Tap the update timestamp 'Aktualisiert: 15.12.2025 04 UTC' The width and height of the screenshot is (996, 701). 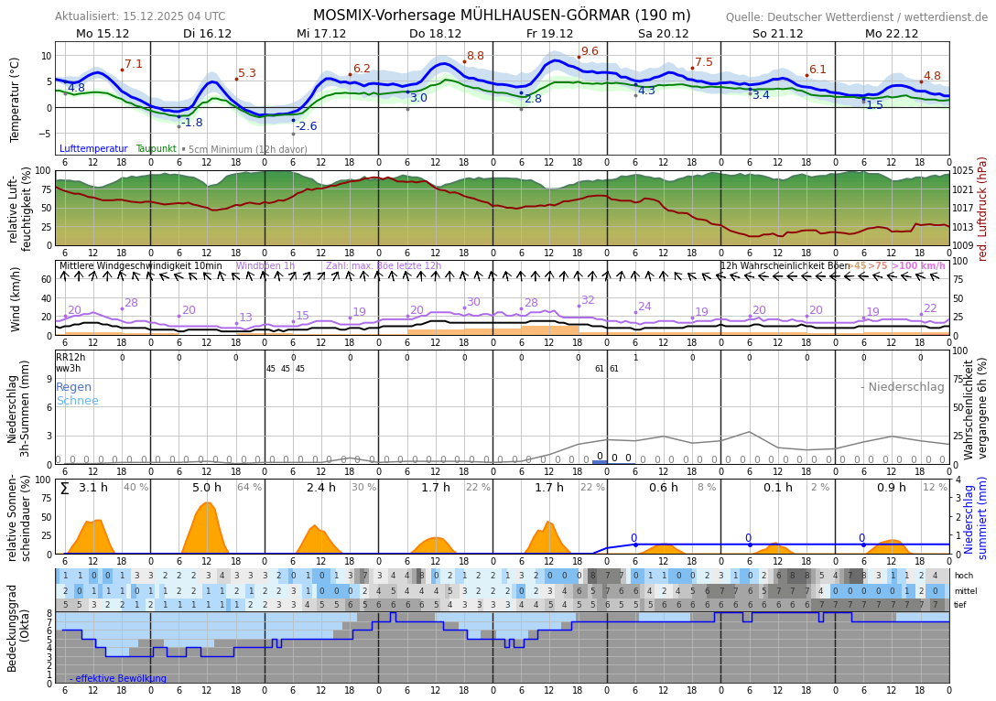pos(140,16)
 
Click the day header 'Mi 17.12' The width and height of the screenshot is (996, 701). pos(321,34)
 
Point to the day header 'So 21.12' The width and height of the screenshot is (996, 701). pos(777,34)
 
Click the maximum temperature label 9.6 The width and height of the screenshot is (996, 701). pos(590,52)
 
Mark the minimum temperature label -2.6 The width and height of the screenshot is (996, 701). pos(306,126)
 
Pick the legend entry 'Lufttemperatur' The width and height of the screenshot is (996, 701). pos(93,149)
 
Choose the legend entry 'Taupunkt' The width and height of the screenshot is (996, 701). pos(156,149)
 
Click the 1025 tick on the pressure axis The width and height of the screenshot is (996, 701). pos(963,171)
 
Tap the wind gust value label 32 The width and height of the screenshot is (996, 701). pos(587,300)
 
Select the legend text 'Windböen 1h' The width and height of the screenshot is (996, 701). pos(265,266)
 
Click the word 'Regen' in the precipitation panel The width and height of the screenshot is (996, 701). pos(73,387)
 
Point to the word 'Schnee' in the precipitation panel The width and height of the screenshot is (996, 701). pos(77,401)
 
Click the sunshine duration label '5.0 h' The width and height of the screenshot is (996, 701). pos(206,488)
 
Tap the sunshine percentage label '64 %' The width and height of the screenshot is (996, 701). pos(249,488)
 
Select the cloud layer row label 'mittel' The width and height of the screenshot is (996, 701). pos(964,591)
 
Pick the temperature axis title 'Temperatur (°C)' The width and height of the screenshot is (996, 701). pos(16,100)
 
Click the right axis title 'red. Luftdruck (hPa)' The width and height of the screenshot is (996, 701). pos(983,208)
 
